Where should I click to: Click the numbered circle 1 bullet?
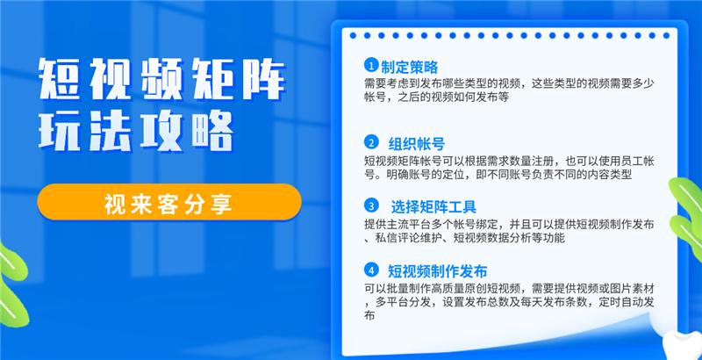(372, 66)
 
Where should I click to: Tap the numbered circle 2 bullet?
(372, 143)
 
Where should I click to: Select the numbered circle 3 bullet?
(372, 206)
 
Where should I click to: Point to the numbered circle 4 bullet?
(372, 270)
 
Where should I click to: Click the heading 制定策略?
(410, 67)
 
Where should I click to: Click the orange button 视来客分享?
(169, 205)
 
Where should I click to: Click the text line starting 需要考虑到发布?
(509, 83)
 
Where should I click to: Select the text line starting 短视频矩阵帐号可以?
(509, 161)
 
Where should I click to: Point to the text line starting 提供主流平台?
(509, 225)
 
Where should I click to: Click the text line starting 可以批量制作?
(509, 288)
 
